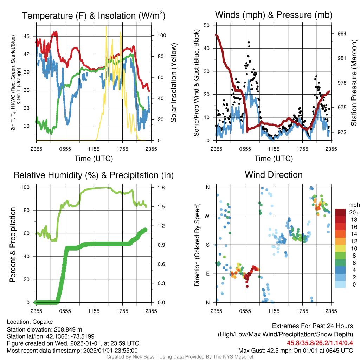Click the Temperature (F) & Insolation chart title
tap(94, 15)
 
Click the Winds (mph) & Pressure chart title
tap(274, 15)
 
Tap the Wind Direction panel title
tap(274, 175)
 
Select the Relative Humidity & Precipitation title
tap(94, 175)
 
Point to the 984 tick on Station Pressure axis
tap(342, 33)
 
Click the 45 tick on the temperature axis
tap(26, 36)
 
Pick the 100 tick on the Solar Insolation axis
tap(162, 36)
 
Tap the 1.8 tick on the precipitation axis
tap(161, 188)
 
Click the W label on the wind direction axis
tap(207, 216)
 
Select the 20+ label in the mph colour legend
tap(354, 213)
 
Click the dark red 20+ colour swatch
tap(340, 212)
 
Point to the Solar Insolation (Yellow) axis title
tap(174, 83)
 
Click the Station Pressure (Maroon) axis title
tap(354, 83)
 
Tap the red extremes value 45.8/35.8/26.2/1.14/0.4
tap(320, 343)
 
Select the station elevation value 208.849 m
tap(68, 329)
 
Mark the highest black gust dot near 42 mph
tap(249, 43)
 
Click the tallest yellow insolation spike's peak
tap(106, 27)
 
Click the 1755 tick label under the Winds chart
tap(302, 149)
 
